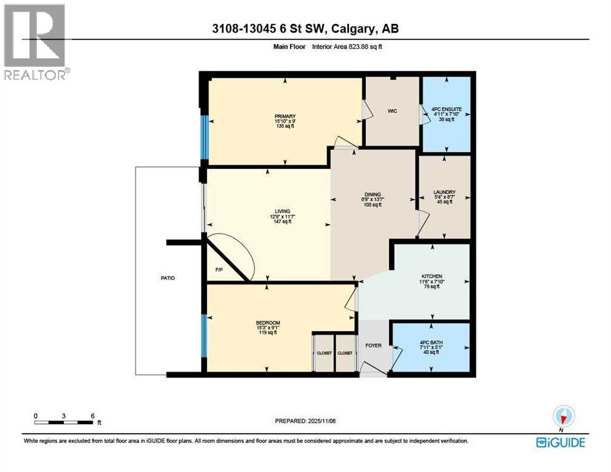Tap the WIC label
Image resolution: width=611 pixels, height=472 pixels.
pos(392,111)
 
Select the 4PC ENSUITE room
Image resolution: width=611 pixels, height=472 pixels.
pos(446,114)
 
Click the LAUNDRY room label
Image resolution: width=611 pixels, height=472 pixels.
pos(444,192)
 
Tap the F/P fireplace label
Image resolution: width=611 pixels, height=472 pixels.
pos(219,270)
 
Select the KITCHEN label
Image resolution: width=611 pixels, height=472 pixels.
pos(433,277)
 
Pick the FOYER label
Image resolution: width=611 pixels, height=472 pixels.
pos(373,345)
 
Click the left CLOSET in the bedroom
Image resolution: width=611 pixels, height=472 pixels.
pos(324,353)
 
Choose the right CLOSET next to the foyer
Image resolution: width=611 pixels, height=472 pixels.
pos(345,353)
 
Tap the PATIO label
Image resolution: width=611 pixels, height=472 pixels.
pos(167,278)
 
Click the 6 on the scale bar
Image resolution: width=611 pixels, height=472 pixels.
pos(92,415)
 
